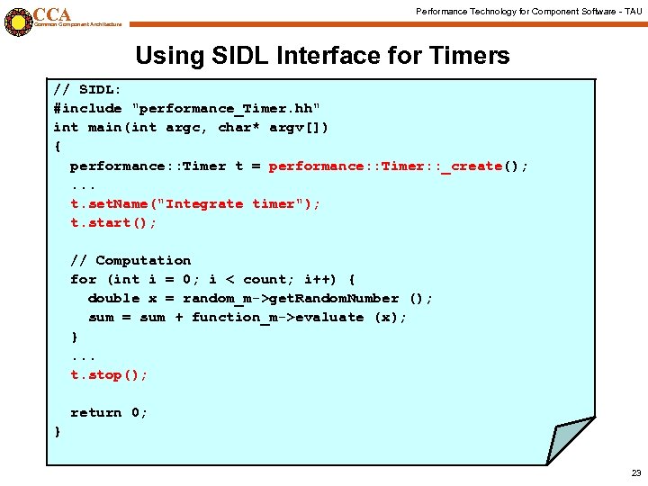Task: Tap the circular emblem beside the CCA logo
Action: tap(17, 20)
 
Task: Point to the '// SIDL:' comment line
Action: tap(88, 90)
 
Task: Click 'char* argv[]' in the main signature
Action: tap(273, 128)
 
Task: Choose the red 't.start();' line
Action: tap(113, 223)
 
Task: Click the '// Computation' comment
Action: tap(130, 261)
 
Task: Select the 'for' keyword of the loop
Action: tap(83, 280)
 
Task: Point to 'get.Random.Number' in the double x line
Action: tap(333, 299)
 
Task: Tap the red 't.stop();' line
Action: tap(109, 375)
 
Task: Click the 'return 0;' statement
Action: tap(109, 413)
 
